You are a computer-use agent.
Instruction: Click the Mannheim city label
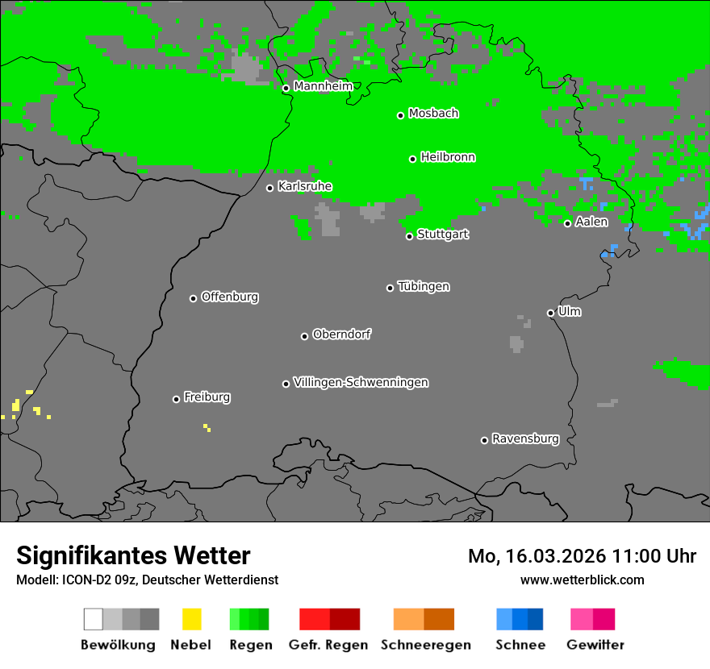tap(323, 86)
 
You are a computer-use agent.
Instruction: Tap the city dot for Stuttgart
tap(410, 236)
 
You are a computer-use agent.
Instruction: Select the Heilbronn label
tap(448, 157)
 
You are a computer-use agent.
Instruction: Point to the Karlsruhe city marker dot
tap(270, 188)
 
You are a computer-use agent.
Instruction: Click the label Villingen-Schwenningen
tap(361, 382)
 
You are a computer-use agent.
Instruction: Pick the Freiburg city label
tap(207, 397)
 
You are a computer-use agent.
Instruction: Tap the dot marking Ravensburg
tap(484, 440)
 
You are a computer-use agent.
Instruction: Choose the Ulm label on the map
tap(570, 311)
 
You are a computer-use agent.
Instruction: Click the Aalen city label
tap(591, 222)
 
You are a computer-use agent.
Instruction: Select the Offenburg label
tap(230, 297)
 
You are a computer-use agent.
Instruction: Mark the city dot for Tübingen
tap(390, 288)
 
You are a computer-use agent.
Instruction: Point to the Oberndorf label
tap(342, 334)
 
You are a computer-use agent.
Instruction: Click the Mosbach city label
tap(433, 114)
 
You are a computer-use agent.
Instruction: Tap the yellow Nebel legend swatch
tap(191, 619)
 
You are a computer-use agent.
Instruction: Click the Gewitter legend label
tap(595, 645)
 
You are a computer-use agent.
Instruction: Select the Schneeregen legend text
tap(426, 645)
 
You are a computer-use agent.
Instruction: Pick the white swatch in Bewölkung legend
tap(94, 619)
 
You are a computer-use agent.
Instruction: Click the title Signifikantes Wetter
tap(133, 556)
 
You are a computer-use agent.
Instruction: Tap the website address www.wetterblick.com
tap(583, 580)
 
